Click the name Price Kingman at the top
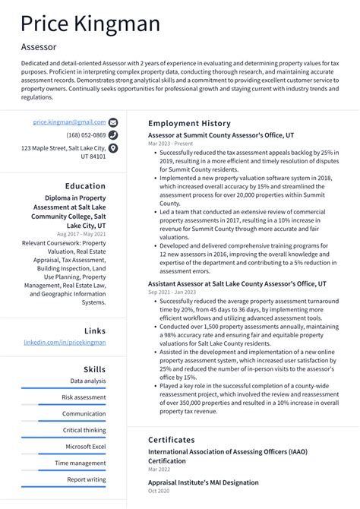click(x=90, y=24)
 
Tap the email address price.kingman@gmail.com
click(x=69, y=122)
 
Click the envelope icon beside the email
click(x=113, y=122)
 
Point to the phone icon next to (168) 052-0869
click(x=113, y=135)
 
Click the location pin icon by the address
click(x=113, y=148)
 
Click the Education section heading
click(x=85, y=185)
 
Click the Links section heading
click(x=95, y=330)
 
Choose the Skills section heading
click(x=94, y=369)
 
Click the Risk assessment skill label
click(x=84, y=397)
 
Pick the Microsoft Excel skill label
click(x=85, y=447)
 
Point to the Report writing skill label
click(x=86, y=479)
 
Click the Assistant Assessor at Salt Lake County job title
click(x=237, y=283)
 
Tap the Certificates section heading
click(x=171, y=439)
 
